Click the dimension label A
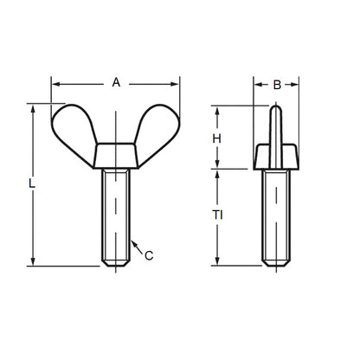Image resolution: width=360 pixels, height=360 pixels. tap(116, 82)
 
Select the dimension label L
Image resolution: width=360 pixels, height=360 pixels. tap(32, 183)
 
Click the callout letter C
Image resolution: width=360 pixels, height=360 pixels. tap(149, 254)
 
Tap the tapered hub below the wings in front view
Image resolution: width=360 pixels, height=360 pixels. tap(116, 156)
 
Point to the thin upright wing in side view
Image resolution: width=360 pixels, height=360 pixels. tap(276, 125)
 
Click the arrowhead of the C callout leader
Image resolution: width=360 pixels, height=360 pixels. tap(131, 242)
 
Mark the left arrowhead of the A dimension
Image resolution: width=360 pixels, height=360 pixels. tap(55, 83)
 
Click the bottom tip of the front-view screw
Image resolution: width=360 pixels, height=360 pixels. tap(116, 264)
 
